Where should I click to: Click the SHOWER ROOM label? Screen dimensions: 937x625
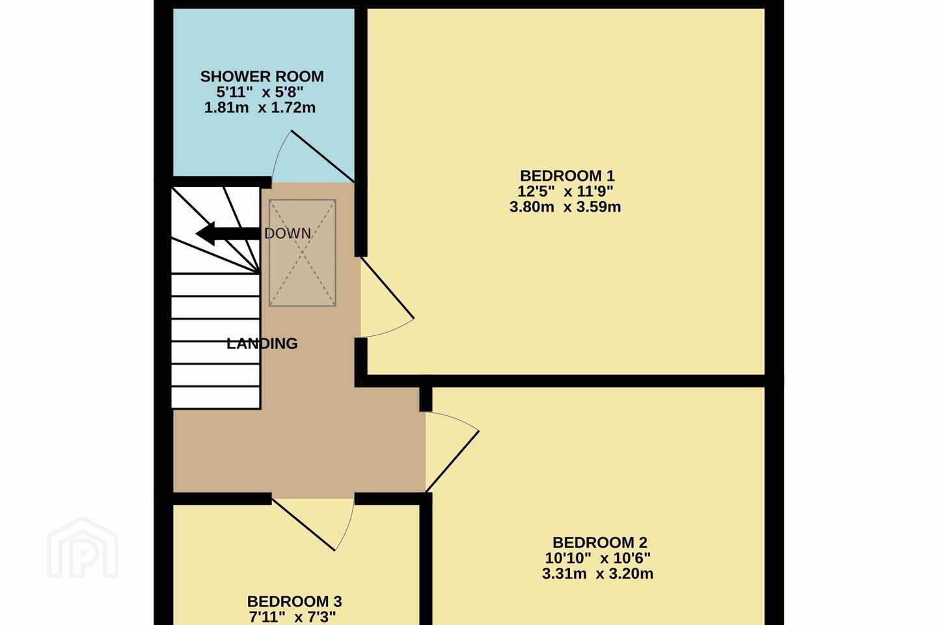[x=262, y=77]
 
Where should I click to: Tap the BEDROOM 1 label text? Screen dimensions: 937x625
[x=567, y=175]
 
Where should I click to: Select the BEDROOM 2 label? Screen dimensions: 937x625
[x=600, y=542]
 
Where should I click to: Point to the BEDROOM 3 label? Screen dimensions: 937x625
[x=295, y=602]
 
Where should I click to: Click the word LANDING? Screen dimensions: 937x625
[x=262, y=344]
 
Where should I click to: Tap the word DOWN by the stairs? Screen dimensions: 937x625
[x=288, y=234]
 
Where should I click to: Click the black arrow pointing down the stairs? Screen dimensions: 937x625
[x=228, y=234]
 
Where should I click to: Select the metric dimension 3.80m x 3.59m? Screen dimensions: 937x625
[x=565, y=207]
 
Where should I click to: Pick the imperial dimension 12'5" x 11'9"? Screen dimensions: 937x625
[x=565, y=191]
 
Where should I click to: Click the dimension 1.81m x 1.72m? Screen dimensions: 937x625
[x=260, y=107]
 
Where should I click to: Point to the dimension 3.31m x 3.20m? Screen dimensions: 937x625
[x=598, y=574]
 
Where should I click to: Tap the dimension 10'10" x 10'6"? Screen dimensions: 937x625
[x=598, y=558]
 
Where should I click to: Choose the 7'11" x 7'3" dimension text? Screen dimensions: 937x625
[x=293, y=617]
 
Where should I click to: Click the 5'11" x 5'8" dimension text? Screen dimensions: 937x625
[x=260, y=92]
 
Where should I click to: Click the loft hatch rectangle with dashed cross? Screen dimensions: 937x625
[x=303, y=253]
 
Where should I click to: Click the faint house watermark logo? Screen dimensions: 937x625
[x=83, y=548]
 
